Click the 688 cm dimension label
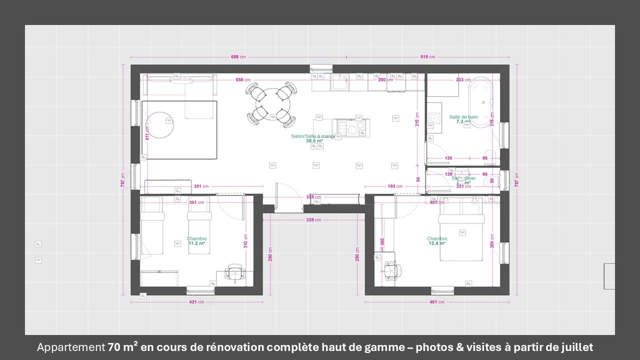(238, 57)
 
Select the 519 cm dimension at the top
(427, 57)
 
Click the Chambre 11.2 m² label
(196, 241)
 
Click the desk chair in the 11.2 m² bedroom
(233, 273)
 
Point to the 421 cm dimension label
(196, 302)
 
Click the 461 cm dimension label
(437, 302)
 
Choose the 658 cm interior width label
(243, 80)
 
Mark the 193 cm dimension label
(395, 186)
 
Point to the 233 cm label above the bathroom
(463, 80)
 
